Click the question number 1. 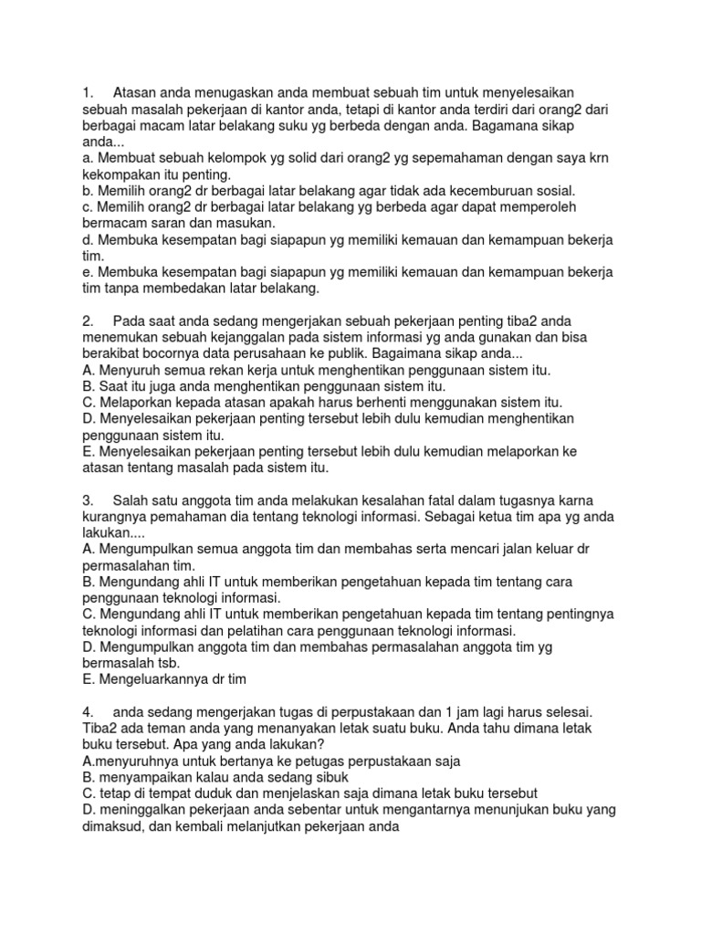(87, 92)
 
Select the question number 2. (88, 320)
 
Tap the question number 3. (88, 501)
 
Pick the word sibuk (278, 777)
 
